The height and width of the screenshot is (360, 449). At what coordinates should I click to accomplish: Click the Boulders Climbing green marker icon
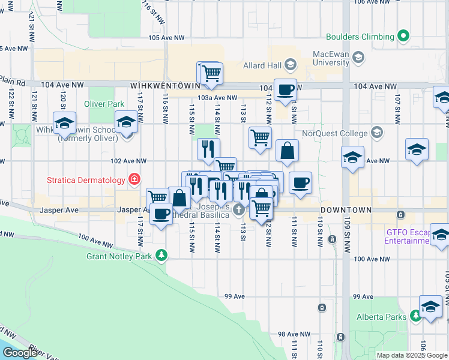coord(404,37)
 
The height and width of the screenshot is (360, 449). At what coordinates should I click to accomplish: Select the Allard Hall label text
coord(262,65)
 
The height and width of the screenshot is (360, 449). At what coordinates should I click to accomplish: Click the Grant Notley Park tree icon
coord(161,256)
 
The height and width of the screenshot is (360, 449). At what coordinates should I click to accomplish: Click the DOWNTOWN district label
coord(346,211)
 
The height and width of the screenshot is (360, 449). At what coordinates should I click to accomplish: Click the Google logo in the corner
coord(20,353)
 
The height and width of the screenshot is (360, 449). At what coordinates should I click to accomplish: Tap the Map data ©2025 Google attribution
coord(412,355)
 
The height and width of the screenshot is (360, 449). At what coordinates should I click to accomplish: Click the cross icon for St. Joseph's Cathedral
coord(239,209)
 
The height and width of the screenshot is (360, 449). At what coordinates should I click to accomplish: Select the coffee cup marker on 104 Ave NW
coord(285,90)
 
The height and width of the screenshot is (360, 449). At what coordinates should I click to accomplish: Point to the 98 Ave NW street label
coord(294,334)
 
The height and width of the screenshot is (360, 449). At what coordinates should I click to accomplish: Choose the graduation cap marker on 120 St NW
coord(64,123)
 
